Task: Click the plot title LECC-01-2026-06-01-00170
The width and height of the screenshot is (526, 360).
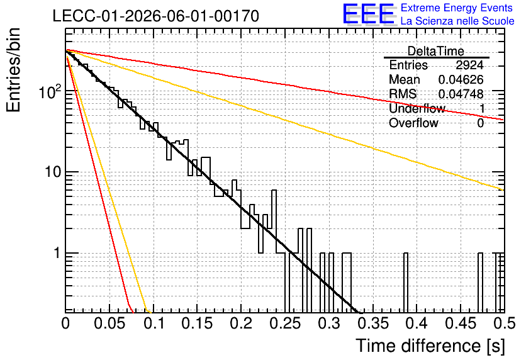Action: (x=156, y=16)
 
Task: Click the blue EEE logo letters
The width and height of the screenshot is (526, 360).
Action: (x=369, y=14)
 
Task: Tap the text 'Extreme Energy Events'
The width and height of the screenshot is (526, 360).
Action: (x=457, y=8)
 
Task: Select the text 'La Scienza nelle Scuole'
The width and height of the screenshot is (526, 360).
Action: (x=457, y=21)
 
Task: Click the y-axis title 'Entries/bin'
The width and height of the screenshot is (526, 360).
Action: (x=13, y=70)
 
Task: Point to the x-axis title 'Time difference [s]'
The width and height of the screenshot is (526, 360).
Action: (x=430, y=346)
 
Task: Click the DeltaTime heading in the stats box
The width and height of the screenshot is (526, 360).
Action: (x=436, y=51)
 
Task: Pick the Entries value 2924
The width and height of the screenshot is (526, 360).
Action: (x=469, y=65)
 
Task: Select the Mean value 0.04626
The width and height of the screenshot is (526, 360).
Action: (x=461, y=79)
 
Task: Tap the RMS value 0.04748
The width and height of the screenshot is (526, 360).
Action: (x=461, y=94)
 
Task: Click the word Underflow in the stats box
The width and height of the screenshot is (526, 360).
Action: (x=417, y=108)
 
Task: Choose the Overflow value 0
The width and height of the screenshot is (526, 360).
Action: (x=480, y=123)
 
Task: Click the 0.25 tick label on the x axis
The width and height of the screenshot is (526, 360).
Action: (x=286, y=323)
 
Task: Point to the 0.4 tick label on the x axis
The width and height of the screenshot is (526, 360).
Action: (x=417, y=323)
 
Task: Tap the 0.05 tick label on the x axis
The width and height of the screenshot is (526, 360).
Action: (x=109, y=323)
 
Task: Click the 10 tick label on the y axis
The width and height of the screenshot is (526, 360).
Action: (x=52, y=172)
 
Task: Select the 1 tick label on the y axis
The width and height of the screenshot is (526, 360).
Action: (x=57, y=253)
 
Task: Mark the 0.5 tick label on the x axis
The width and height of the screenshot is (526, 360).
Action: (x=505, y=323)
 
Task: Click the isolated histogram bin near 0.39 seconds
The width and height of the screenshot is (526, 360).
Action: (x=406, y=283)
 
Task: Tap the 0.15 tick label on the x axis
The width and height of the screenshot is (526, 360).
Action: (x=198, y=323)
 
